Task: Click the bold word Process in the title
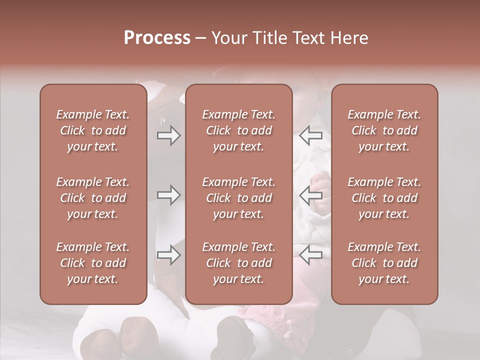tap(157, 38)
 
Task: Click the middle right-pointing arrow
tap(168, 195)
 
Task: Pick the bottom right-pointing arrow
tap(168, 255)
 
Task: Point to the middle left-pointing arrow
tap(311, 195)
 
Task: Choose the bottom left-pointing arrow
tap(311, 255)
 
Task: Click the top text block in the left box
tap(93, 130)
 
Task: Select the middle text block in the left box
tap(93, 198)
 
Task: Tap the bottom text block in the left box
tap(93, 263)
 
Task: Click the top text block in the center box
tap(238, 130)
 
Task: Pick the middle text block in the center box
tap(238, 198)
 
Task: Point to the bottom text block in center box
tap(238, 263)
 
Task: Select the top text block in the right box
tap(384, 130)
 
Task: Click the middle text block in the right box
tap(384, 198)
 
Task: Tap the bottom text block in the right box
tap(384, 263)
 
